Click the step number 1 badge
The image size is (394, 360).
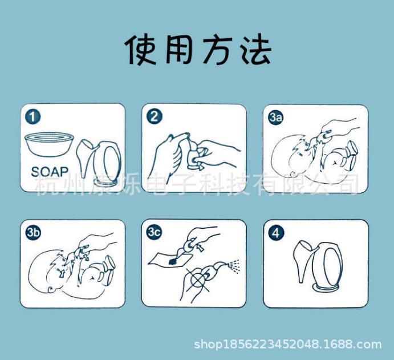point(33,117)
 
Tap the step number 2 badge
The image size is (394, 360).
point(155,117)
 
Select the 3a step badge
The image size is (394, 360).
point(276,118)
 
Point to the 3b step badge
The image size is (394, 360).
point(33,233)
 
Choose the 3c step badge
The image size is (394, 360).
point(155,232)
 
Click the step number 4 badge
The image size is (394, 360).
point(276,233)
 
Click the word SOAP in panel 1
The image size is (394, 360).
point(50,172)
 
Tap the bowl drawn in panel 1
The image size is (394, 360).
point(49,144)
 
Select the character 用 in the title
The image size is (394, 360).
point(179,50)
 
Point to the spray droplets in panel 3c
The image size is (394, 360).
point(234,265)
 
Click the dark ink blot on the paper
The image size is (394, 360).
point(173,262)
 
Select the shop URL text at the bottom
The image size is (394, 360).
point(287,344)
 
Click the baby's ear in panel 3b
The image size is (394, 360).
point(51,289)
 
